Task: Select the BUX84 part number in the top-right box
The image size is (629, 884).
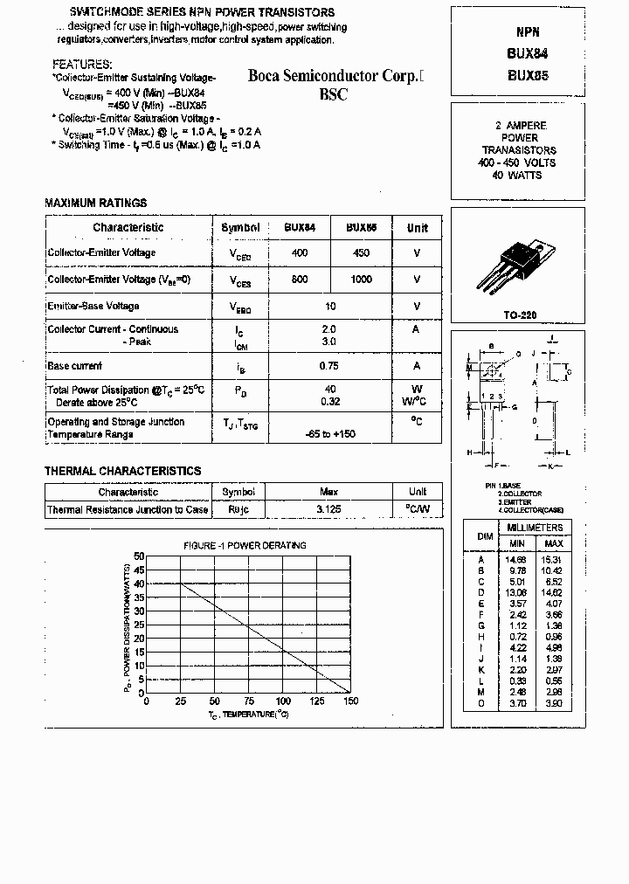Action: click(528, 52)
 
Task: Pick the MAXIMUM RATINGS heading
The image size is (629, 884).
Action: click(95, 204)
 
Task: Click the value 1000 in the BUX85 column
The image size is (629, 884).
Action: click(361, 280)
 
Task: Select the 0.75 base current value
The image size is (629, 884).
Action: click(329, 366)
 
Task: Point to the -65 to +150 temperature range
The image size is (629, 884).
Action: click(329, 434)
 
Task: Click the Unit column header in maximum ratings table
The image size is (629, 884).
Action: click(418, 228)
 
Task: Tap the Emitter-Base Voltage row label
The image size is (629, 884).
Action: click(93, 307)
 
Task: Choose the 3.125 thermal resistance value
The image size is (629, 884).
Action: click(329, 509)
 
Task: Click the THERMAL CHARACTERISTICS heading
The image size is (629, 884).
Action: click(122, 471)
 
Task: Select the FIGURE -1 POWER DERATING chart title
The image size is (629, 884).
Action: click(245, 545)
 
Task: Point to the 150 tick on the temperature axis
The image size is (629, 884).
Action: click(351, 701)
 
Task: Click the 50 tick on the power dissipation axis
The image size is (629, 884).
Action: click(140, 556)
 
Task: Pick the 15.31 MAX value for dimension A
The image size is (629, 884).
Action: click(554, 559)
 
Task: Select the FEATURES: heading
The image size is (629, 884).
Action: click(82, 65)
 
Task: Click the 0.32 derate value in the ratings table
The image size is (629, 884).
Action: click(329, 402)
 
